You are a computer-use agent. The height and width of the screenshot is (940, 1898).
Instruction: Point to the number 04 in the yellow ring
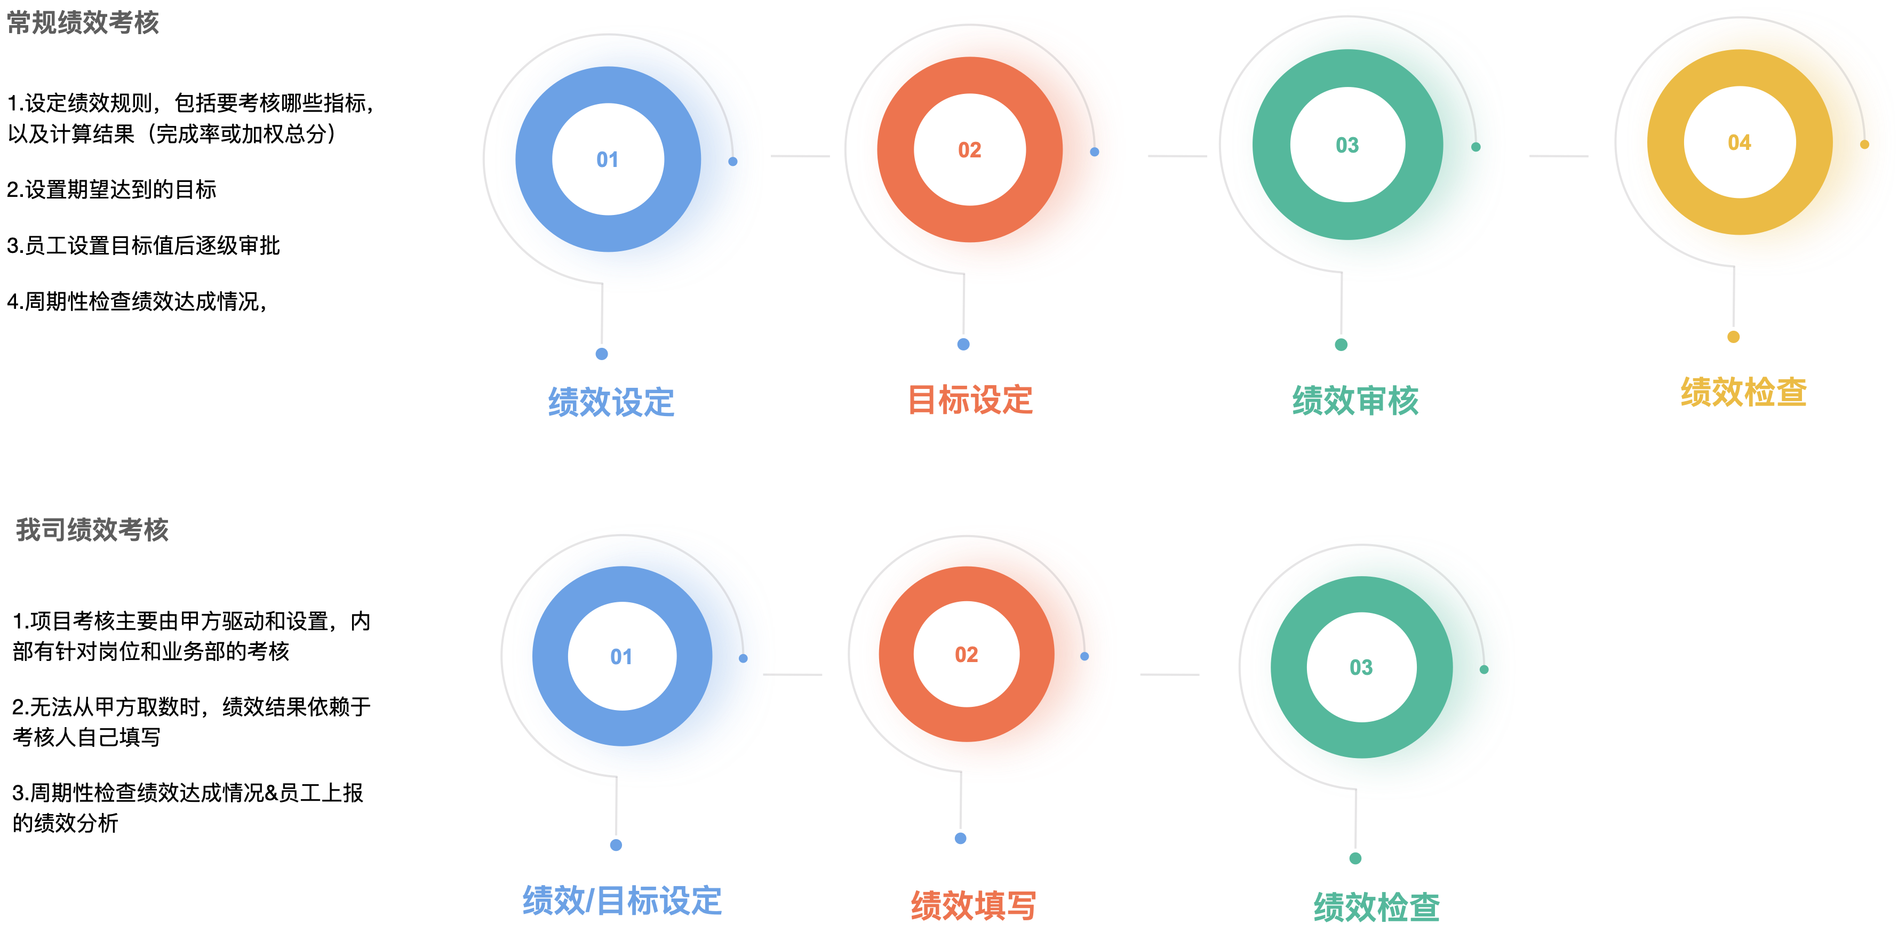(1740, 143)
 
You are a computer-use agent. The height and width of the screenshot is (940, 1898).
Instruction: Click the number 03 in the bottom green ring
(1361, 667)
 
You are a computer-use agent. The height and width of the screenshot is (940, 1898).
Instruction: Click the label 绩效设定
(611, 402)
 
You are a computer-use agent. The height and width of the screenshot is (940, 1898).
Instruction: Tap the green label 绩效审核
(1355, 401)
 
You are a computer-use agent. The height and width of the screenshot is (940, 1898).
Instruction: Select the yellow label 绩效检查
(1743, 392)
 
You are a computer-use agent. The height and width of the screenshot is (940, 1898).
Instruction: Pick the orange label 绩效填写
(974, 906)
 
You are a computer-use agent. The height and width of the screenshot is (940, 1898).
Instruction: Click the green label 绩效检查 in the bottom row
(1376, 907)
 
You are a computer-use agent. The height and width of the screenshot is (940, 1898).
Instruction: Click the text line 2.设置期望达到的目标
(111, 189)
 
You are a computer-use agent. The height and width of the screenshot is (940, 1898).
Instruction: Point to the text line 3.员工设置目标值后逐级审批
(143, 245)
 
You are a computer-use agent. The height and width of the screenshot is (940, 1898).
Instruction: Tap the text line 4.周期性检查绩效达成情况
(137, 301)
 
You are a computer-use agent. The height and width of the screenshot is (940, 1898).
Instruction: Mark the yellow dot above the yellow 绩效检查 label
(1734, 337)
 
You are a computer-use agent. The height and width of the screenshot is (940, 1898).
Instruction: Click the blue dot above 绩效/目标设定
(616, 845)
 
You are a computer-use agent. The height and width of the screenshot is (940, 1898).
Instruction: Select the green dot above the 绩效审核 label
(1341, 345)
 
